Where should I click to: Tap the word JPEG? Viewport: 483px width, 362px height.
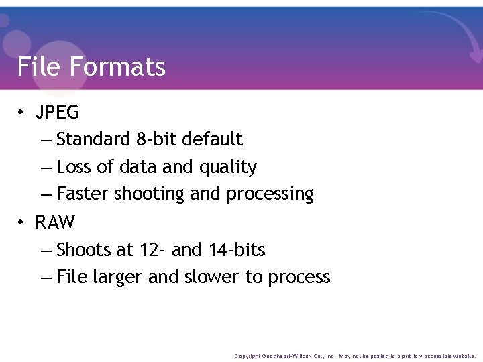pyautogui.click(x=58, y=112)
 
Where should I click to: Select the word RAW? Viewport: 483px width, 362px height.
pyautogui.click(x=55, y=222)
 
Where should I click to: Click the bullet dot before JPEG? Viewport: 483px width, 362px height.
pyautogui.click(x=22, y=113)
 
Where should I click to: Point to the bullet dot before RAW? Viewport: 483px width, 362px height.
pyautogui.click(x=22, y=222)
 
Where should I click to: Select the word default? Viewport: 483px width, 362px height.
pyautogui.click(x=213, y=139)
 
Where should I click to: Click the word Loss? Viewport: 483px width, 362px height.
pyautogui.click(x=74, y=166)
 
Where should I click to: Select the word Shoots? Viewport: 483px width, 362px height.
pyautogui.click(x=83, y=250)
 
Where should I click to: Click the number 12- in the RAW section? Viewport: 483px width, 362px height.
pyautogui.click(x=152, y=250)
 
